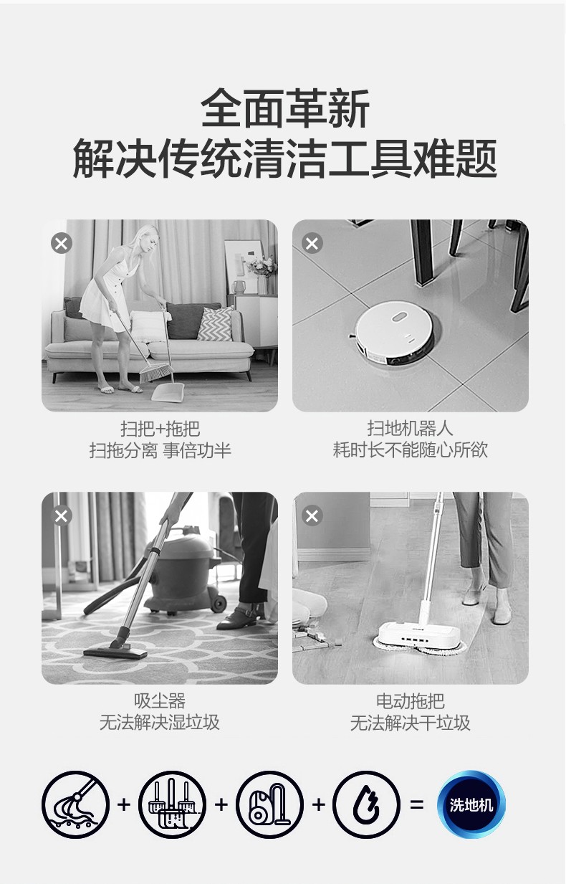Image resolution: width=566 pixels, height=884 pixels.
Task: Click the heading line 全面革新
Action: coord(285,108)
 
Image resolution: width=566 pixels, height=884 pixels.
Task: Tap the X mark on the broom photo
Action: coord(62,243)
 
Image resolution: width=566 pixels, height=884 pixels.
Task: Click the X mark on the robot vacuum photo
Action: coord(312,243)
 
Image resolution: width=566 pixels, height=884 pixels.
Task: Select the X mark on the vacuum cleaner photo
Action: coord(62,515)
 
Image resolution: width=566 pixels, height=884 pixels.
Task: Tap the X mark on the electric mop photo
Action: coord(312,515)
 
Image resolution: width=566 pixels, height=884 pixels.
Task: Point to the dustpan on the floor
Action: coord(168,391)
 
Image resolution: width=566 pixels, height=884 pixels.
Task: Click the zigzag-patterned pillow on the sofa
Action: coord(216,323)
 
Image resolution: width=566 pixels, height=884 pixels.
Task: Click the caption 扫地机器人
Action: coord(410,428)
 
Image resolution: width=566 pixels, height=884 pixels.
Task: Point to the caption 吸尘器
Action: coord(160,701)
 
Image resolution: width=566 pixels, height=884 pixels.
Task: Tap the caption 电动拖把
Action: coord(411,701)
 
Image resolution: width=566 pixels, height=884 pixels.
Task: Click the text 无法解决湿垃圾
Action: coord(159,723)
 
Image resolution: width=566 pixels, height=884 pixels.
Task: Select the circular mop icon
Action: coord(76,804)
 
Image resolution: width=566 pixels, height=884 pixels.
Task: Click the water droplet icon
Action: coord(366,804)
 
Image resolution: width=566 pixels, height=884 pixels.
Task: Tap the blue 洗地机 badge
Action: coord(471,804)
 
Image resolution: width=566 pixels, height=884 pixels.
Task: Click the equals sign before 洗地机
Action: coord(417,804)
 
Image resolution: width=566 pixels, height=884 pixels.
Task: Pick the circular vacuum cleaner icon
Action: coord(270,804)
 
